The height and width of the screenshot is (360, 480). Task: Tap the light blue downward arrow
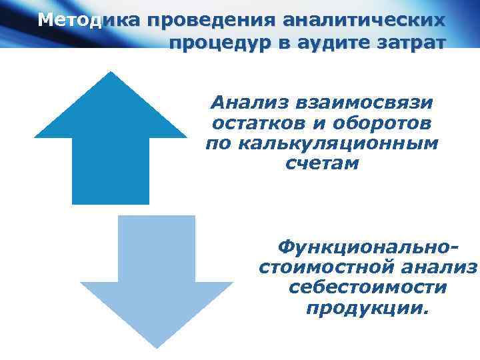click(x=157, y=280)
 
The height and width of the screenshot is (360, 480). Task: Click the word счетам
click(x=321, y=164)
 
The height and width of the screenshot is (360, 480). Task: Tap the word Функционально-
click(x=369, y=248)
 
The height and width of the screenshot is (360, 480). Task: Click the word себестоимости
click(x=369, y=289)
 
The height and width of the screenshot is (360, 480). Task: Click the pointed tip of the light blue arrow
click(x=157, y=346)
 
